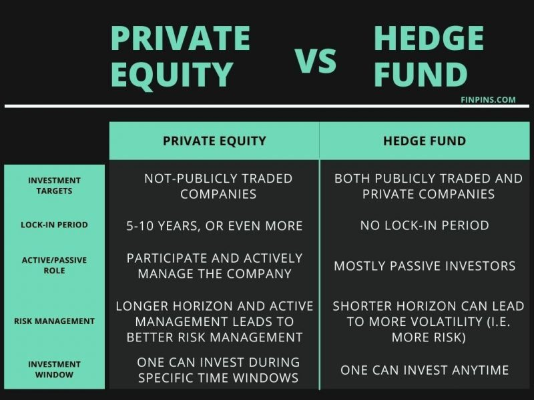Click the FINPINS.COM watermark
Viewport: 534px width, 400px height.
[488, 100]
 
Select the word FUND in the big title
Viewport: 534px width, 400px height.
[421, 75]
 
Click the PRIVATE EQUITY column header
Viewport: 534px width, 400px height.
[214, 141]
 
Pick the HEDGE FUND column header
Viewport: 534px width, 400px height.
[425, 141]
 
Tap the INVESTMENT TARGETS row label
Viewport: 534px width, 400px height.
[55, 185]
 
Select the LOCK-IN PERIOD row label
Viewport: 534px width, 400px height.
[55, 225]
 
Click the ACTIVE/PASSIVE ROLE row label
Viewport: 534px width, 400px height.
[55, 265]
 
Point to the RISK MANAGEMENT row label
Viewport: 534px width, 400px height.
[55, 321]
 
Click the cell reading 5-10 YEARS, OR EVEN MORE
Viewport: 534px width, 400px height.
[214, 225]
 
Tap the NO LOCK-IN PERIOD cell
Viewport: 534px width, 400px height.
[425, 225]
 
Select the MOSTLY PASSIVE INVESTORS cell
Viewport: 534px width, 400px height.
[425, 265]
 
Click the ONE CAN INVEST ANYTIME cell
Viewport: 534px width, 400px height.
[425, 370]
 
